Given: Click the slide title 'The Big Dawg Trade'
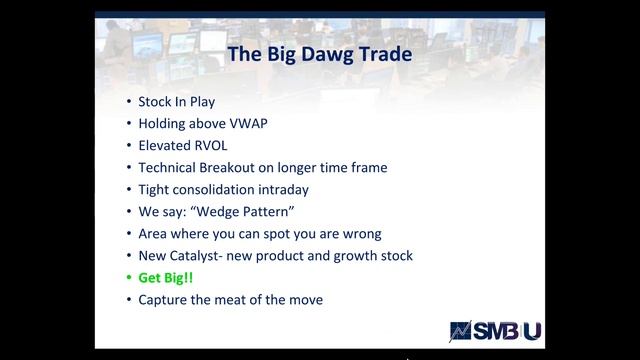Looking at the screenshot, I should tap(320, 54).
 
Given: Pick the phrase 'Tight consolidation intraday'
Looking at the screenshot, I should tap(224, 190).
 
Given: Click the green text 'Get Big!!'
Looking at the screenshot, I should tap(165, 278).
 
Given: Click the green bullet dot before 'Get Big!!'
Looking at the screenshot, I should tap(128, 278).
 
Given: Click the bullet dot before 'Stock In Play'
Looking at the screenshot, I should tap(128, 102).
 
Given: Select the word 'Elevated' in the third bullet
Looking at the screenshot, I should tap(166, 146).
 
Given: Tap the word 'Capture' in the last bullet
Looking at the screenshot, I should tap(164, 300).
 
